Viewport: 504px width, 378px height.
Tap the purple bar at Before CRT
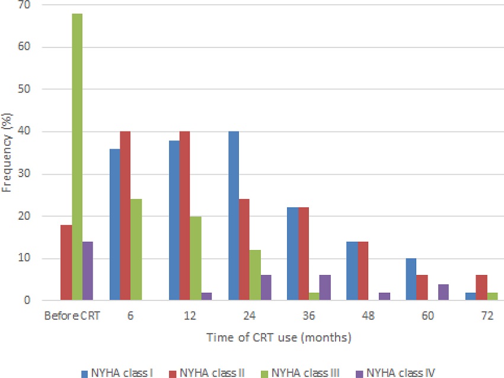87,271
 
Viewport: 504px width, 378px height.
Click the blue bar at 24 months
234,216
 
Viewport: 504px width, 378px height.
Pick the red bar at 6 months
125,216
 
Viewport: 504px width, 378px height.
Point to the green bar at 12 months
195,258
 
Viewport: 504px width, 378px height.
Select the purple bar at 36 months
324,288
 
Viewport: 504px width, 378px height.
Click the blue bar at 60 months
412,280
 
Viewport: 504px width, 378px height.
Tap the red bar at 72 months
481,288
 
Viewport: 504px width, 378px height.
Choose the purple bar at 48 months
384,296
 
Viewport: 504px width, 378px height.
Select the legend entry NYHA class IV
397,372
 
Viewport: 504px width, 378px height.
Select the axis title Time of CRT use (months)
279,338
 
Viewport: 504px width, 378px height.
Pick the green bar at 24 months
254,276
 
